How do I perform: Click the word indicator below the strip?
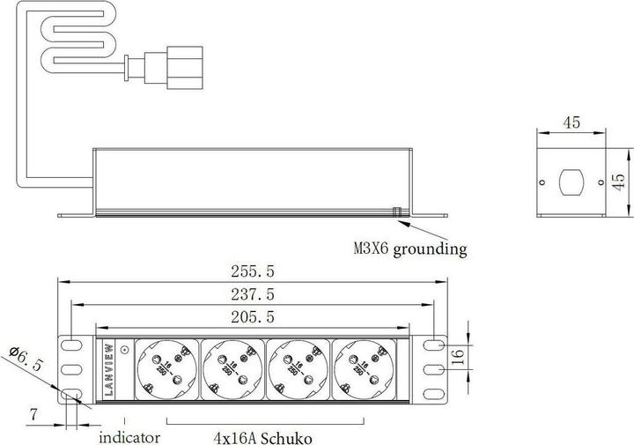(129, 436)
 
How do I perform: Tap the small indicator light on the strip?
(124, 350)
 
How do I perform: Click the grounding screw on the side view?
(397, 211)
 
